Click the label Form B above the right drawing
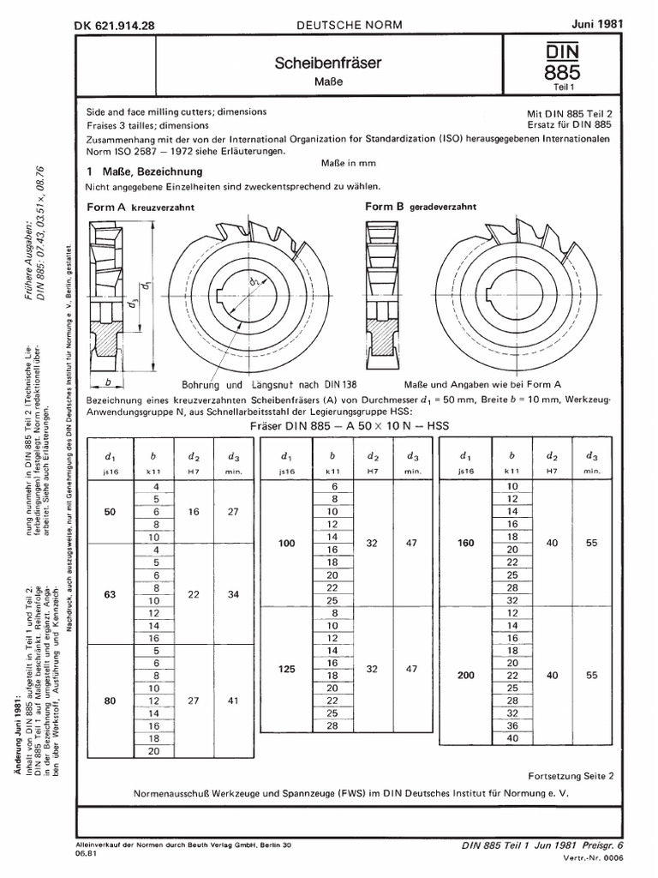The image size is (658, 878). (x=384, y=207)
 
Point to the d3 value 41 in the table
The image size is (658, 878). (x=233, y=701)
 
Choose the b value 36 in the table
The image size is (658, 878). (x=511, y=725)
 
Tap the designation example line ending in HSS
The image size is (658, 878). (x=351, y=425)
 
